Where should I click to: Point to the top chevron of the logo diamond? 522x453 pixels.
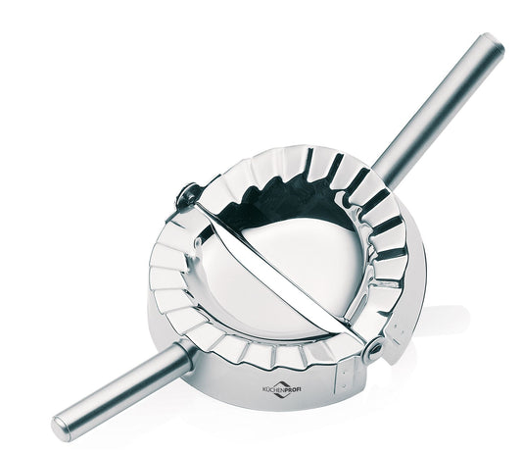pyautogui.click(x=282, y=383)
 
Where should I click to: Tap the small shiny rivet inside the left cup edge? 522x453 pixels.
pyautogui.click(x=198, y=240)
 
